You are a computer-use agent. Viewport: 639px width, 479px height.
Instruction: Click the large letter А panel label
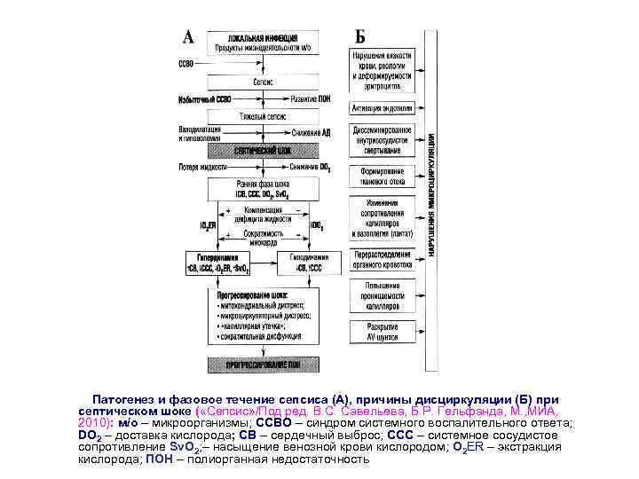click(189, 36)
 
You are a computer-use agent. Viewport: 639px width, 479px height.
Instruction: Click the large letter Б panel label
click(360, 36)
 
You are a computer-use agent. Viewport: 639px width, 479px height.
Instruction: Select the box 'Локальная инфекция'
click(257, 42)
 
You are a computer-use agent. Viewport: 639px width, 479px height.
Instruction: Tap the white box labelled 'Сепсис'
click(263, 81)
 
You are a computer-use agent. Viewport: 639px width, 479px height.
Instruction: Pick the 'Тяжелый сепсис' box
click(263, 116)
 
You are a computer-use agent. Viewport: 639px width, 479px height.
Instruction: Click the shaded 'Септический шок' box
click(263, 151)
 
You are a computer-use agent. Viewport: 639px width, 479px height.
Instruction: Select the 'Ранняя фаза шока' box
click(263, 188)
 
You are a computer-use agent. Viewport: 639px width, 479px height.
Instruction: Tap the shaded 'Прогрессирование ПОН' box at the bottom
click(263, 363)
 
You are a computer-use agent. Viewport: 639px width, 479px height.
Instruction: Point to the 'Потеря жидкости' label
click(201, 167)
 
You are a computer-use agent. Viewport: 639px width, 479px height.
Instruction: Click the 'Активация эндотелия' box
click(383, 108)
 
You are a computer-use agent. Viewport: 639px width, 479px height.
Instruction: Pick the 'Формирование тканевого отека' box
click(383, 176)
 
